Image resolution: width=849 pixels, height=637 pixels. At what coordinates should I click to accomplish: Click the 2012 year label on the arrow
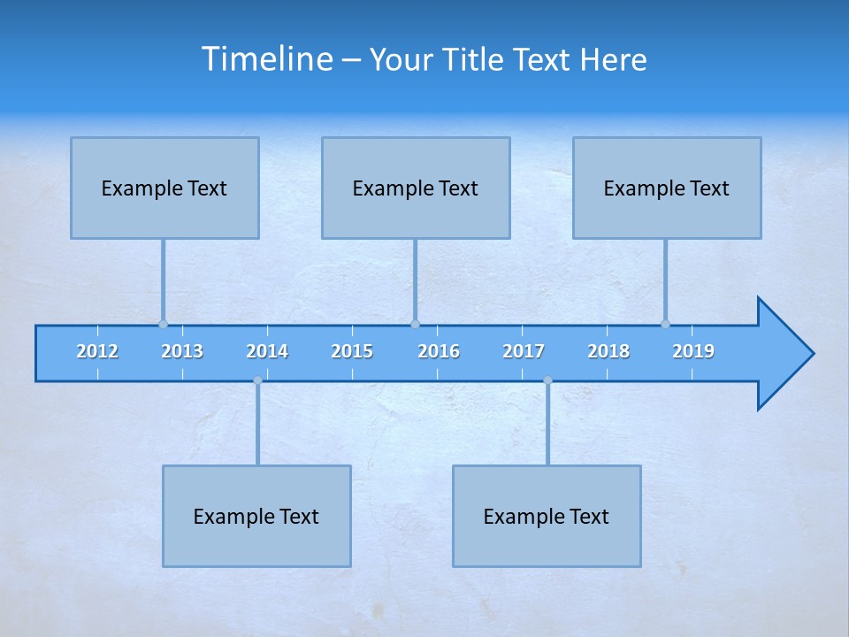coord(97,351)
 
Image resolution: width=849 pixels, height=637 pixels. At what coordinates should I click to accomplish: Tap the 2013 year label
coord(182,351)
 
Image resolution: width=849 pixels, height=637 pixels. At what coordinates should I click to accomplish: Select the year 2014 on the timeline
coord(267,351)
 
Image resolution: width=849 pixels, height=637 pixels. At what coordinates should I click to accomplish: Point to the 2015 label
coord(352,351)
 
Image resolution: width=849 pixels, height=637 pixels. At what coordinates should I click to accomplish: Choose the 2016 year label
coord(439,351)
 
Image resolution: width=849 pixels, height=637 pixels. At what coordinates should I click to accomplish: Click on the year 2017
coord(524,351)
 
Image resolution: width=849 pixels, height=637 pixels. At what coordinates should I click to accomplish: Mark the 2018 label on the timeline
coord(608,351)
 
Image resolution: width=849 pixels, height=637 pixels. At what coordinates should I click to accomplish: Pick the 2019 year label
coord(693,351)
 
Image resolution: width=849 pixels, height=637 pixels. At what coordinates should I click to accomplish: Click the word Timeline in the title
coord(266,59)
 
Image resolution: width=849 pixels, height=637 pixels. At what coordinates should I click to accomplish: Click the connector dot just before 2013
coord(163,324)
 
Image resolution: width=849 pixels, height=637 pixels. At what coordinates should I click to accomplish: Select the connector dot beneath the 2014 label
coord(257,380)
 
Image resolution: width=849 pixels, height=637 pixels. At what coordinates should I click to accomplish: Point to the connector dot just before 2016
coord(415,324)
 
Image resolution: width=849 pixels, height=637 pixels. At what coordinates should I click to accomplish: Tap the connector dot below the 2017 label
coord(547,380)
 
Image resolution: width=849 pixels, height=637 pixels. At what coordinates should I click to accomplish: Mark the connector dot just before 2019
coord(665,324)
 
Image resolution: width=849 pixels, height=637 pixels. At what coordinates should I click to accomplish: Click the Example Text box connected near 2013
coord(164,188)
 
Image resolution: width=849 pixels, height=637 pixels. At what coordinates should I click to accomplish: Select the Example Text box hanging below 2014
coord(256,516)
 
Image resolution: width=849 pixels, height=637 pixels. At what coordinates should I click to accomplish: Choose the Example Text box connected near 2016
coord(416,188)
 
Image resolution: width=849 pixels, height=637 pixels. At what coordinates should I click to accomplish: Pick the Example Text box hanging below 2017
coord(547,516)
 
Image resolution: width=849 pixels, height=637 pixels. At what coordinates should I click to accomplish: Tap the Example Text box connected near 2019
coord(667,188)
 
